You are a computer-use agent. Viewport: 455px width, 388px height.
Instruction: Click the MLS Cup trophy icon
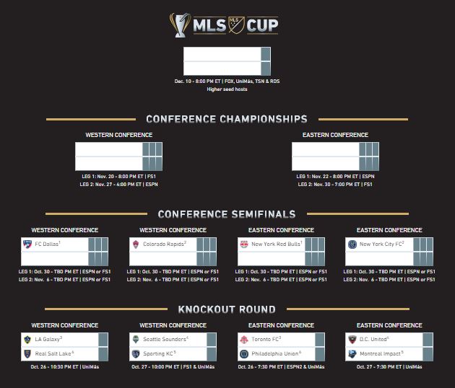click(180, 25)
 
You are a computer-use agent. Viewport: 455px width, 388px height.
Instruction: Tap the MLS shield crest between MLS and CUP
click(236, 25)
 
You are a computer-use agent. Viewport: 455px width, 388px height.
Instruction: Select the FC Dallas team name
click(48, 244)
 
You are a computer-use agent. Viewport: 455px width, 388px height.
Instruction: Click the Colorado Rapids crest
click(136, 244)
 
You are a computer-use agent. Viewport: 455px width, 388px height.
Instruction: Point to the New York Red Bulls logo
click(244, 244)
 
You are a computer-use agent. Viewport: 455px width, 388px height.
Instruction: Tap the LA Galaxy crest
click(27, 339)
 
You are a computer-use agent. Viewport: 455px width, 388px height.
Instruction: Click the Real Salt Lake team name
click(54, 353)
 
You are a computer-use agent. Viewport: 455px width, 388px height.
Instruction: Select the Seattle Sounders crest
click(136, 339)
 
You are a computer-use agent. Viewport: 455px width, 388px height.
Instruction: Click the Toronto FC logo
click(244, 339)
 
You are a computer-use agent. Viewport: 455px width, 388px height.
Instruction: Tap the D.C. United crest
click(352, 339)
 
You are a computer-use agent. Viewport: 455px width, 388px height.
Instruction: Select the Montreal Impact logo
click(352, 354)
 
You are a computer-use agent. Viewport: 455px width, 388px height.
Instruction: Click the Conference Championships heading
click(227, 119)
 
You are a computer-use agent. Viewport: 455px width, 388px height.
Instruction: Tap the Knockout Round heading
click(227, 309)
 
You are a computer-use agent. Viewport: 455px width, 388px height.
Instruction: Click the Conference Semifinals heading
click(227, 214)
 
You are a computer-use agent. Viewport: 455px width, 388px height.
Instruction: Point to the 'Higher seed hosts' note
click(227, 89)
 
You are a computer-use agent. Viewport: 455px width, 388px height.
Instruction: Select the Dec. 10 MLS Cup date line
click(227, 81)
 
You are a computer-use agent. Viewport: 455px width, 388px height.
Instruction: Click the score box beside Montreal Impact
click(428, 354)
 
